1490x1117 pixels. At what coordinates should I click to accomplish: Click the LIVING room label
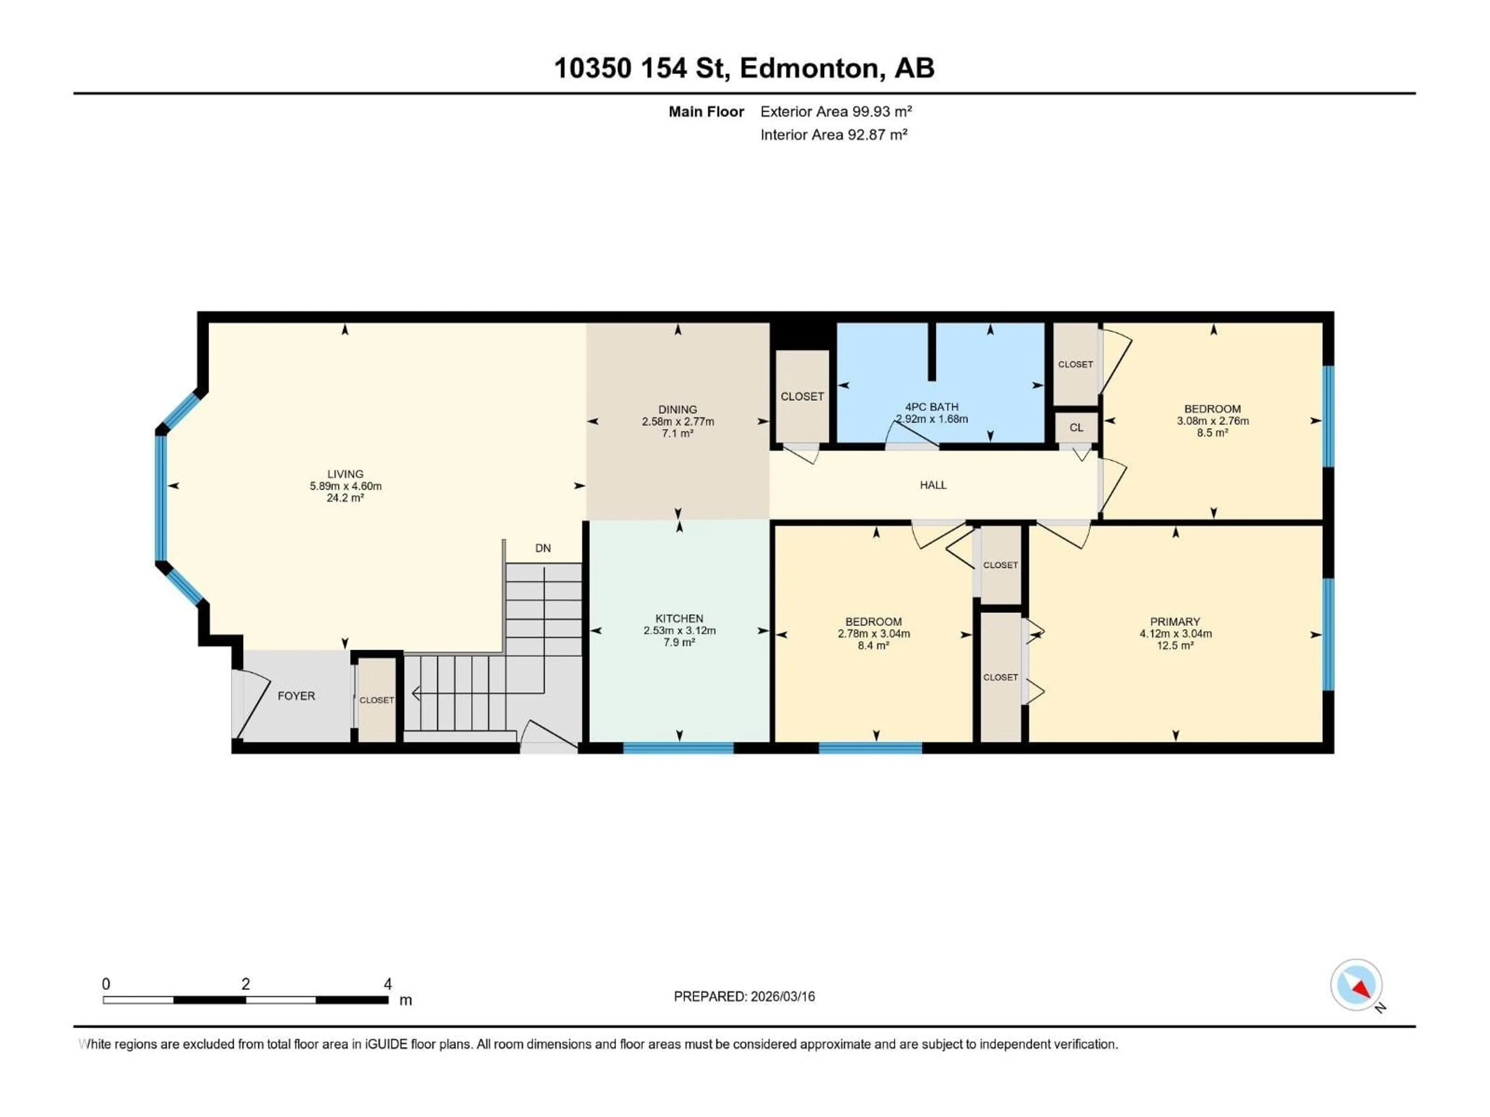pos(345,474)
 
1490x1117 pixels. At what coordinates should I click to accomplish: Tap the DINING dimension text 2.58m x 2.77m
pos(677,422)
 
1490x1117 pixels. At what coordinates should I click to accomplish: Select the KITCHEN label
pos(679,618)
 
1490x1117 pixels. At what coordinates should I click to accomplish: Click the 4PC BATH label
pos(932,407)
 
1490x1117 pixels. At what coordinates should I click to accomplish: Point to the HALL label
pos(933,485)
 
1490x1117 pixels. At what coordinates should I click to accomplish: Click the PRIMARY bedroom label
pos(1175,621)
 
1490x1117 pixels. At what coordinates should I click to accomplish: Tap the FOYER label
pos(296,695)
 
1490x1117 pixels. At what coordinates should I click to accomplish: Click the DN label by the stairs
pos(543,548)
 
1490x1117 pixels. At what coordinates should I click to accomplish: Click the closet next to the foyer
pos(376,700)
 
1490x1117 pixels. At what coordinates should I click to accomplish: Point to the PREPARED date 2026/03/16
pos(744,996)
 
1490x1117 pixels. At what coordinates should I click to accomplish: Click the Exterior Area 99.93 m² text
pos(836,112)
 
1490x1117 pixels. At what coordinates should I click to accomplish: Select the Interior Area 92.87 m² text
pos(833,135)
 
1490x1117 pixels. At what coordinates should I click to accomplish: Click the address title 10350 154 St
pos(641,68)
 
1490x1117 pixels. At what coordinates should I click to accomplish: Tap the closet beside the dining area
pos(802,396)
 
